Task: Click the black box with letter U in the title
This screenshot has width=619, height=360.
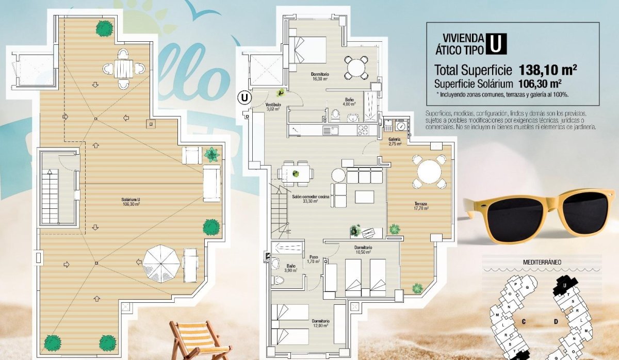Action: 496,44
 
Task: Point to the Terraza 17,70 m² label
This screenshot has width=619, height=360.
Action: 420,208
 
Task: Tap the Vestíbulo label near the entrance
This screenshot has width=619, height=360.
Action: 273,107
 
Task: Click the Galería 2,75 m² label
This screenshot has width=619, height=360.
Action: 395,142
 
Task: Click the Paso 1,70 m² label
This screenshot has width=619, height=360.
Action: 313,259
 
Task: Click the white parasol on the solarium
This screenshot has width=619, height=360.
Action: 161,263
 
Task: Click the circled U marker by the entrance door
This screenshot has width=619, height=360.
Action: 245,96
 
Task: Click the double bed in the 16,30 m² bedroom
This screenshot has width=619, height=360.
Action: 307,50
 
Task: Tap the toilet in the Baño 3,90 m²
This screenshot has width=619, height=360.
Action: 279,280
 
